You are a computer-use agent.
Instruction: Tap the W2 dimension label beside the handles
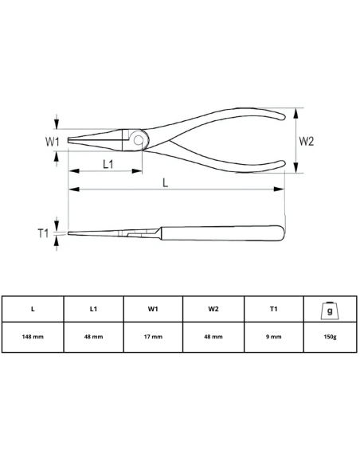(x=307, y=141)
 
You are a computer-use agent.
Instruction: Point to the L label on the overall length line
(x=165, y=182)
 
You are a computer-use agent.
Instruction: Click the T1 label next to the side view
(x=45, y=233)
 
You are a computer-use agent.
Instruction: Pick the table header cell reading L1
(x=93, y=309)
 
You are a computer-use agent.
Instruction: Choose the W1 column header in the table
(x=153, y=309)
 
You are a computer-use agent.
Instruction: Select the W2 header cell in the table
(x=213, y=309)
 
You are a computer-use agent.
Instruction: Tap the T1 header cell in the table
(x=274, y=309)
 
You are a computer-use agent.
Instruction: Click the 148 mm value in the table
(x=33, y=337)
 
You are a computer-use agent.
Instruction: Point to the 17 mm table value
(x=153, y=337)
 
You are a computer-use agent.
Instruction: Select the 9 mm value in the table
(x=274, y=337)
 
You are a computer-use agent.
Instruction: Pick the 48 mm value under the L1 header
(x=93, y=337)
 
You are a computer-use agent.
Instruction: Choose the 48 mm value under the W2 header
(x=213, y=337)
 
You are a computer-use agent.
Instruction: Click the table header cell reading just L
(x=33, y=309)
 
